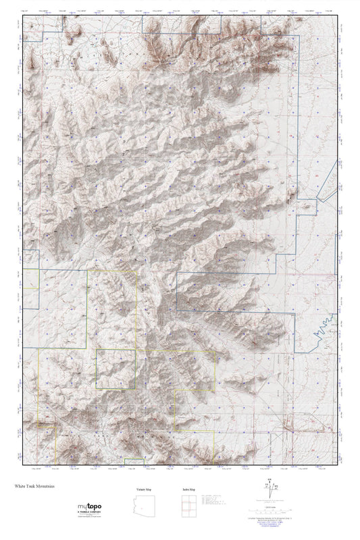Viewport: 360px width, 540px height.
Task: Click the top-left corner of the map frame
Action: pos(23,15)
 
